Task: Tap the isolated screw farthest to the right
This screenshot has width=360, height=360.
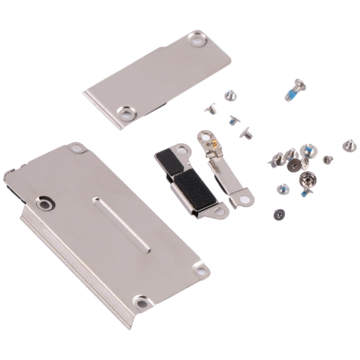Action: (349, 144)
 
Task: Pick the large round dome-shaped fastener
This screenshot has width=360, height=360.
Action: (304, 181)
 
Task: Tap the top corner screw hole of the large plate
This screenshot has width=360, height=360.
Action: (75, 148)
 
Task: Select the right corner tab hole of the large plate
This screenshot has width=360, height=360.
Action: (201, 271)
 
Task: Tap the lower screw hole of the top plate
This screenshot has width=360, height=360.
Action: (127, 113)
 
